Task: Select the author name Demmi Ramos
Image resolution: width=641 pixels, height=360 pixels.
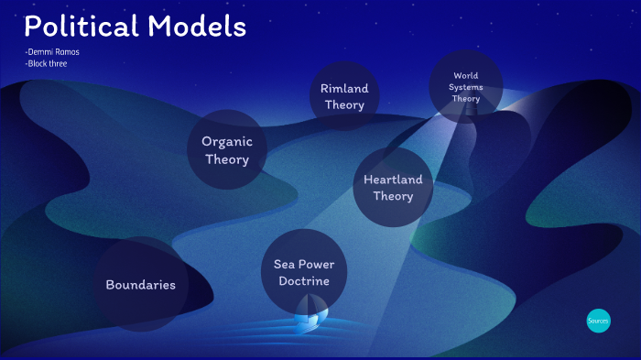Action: click(53, 51)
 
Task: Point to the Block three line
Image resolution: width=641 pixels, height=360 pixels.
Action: click(47, 63)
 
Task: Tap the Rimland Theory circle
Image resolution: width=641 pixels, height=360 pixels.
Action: click(343, 96)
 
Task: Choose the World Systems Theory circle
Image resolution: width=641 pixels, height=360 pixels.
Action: click(466, 87)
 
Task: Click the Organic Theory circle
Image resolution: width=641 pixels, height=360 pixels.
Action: click(227, 150)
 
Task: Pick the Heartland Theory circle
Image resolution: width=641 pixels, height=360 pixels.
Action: click(393, 187)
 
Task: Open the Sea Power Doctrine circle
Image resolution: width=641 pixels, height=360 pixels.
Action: click(304, 272)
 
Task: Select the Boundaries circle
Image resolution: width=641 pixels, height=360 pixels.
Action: click(140, 285)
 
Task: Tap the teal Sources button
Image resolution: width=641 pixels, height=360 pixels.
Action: click(598, 322)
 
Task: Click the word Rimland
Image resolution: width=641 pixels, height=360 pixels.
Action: click(343, 88)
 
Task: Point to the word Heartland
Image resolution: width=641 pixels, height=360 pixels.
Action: click(393, 179)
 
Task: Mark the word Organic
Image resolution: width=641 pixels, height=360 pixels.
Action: click(227, 142)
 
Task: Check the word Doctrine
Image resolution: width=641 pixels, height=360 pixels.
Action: click(304, 280)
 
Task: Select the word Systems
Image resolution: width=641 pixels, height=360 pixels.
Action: click(466, 87)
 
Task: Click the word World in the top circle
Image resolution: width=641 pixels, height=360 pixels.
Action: click(466, 75)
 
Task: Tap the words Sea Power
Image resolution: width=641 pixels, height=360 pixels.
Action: click(304, 264)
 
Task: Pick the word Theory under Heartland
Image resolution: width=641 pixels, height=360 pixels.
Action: click(393, 196)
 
